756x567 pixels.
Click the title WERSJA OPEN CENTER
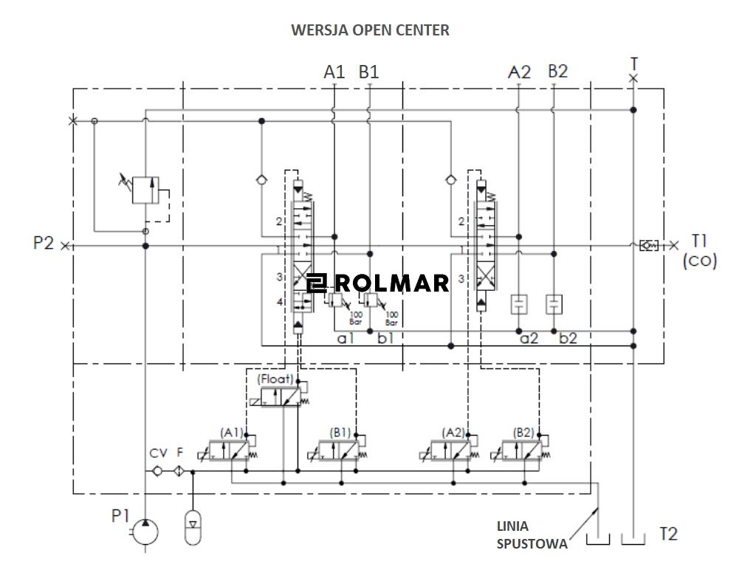pyautogui.click(x=370, y=30)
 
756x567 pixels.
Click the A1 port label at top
pyautogui.click(x=334, y=72)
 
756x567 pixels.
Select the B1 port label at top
pyautogui.click(x=368, y=72)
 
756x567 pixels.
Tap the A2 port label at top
pyautogui.click(x=520, y=72)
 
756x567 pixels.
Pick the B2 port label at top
pyautogui.click(x=557, y=72)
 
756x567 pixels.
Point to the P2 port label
pyautogui.click(x=44, y=243)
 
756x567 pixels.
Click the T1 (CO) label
pyautogui.click(x=698, y=250)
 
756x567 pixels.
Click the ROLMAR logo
pyautogui.click(x=378, y=283)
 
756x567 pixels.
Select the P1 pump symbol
pyautogui.click(x=145, y=530)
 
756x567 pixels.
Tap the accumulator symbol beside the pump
pyautogui.click(x=192, y=526)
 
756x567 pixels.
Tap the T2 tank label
pyautogui.click(x=667, y=534)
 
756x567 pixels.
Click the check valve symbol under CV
pyautogui.click(x=158, y=471)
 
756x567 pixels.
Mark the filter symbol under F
pyautogui.click(x=179, y=471)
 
